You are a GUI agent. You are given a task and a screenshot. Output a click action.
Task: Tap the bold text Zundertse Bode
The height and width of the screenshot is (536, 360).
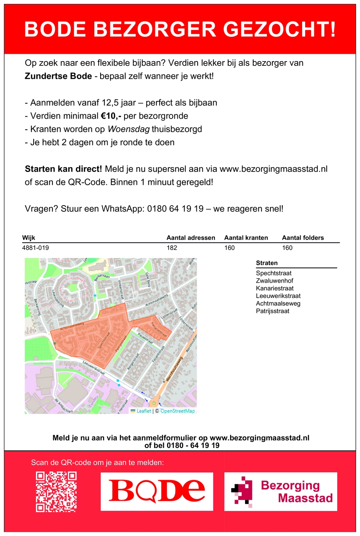58,76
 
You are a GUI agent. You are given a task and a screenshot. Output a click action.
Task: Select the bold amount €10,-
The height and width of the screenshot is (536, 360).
111,116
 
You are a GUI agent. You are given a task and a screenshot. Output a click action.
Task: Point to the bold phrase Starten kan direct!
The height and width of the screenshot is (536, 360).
63,169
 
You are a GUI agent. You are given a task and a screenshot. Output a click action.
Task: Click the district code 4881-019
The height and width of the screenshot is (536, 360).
36,248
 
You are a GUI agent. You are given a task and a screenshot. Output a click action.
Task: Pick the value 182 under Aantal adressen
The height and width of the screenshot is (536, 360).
172,248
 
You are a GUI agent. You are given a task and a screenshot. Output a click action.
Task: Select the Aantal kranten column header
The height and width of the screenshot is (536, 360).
246,238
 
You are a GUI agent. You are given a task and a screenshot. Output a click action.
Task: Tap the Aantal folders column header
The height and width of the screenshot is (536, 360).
303,238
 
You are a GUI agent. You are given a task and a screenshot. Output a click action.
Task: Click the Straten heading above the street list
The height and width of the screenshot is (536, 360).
267,263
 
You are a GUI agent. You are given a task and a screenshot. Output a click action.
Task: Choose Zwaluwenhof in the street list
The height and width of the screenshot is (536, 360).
274,281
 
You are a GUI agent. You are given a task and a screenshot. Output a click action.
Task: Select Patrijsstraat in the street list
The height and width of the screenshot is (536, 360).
273,311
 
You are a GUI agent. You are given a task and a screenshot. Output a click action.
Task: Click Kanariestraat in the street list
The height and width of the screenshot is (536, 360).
275,289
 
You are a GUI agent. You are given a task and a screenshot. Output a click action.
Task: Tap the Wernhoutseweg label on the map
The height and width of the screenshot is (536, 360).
175,368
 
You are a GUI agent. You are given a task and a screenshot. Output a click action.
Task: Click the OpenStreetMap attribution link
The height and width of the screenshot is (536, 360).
178,411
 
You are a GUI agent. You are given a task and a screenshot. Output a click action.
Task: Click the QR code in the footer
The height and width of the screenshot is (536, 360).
56,492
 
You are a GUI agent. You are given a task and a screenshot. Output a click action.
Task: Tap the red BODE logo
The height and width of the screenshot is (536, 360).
157,491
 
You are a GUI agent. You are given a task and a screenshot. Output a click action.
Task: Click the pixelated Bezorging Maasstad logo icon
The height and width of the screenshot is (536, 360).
241,491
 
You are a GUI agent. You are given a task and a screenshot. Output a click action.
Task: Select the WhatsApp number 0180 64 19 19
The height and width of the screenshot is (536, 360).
175,209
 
